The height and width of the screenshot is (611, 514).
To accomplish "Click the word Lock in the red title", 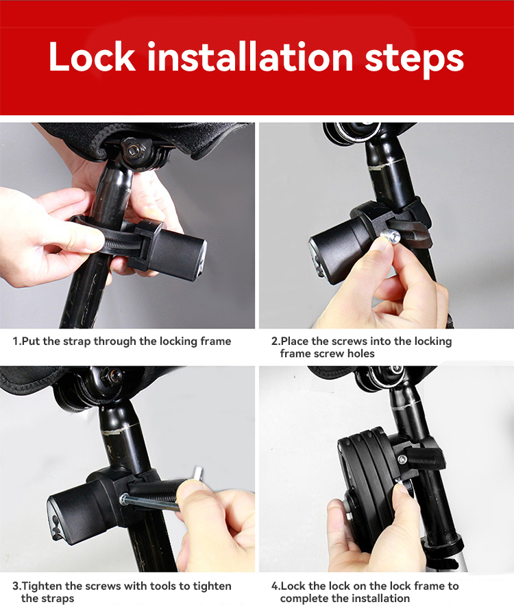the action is [92, 57].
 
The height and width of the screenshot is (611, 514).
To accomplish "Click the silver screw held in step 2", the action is [390, 236].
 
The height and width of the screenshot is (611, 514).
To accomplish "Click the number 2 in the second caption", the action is [275, 342].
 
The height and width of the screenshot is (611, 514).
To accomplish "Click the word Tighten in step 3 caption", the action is [41, 586].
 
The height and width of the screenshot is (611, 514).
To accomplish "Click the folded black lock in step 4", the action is [362, 487].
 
